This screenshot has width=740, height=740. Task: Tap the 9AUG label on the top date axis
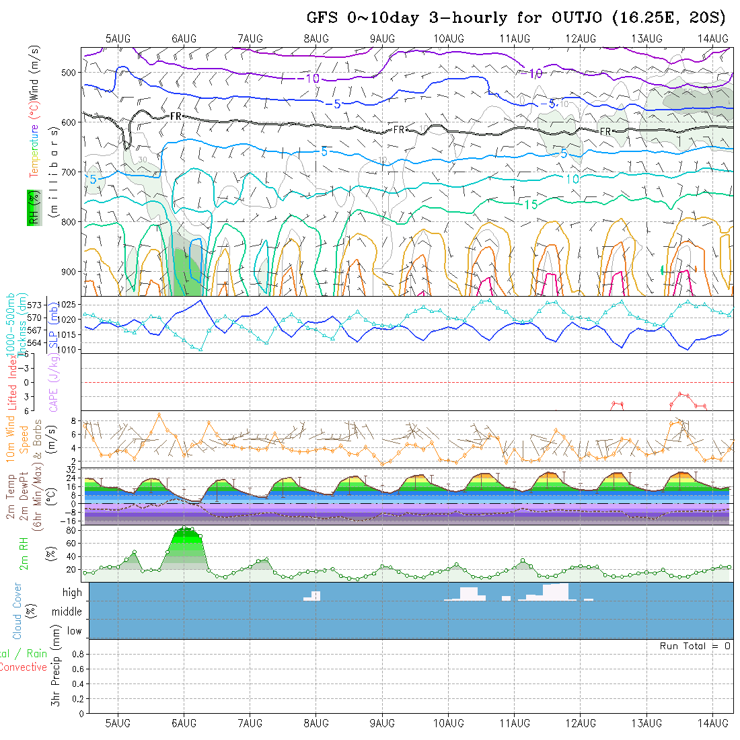pos(382,38)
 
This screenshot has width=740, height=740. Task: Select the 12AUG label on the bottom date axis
pos(581,723)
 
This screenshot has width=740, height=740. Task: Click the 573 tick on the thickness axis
pos(38,305)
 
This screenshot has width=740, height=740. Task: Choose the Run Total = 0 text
pos(695,646)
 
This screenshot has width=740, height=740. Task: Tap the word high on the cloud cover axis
pos(72,593)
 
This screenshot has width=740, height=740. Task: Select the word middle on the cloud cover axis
pos(67,612)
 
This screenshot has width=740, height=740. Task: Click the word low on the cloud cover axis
pos(74,631)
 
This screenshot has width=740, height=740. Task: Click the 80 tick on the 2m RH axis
pos(69,530)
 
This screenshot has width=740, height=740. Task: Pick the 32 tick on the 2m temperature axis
pos(70,469)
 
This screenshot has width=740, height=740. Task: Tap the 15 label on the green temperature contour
pos(531,205)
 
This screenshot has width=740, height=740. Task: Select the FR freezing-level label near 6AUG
pos(176,116)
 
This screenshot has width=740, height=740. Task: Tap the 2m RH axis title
pos(24,553)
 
